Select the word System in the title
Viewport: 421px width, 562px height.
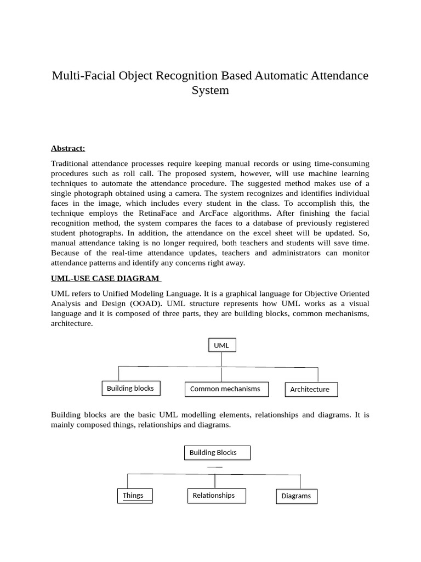210,91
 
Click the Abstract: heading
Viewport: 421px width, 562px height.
68,148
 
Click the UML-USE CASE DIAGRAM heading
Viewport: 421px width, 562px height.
106,279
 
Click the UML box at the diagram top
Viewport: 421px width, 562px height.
221,345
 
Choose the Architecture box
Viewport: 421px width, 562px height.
311,390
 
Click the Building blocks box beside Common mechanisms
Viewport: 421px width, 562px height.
131,389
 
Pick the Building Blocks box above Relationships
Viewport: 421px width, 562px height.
217,453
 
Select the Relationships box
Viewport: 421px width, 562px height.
216,496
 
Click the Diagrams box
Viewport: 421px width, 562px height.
296,496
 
